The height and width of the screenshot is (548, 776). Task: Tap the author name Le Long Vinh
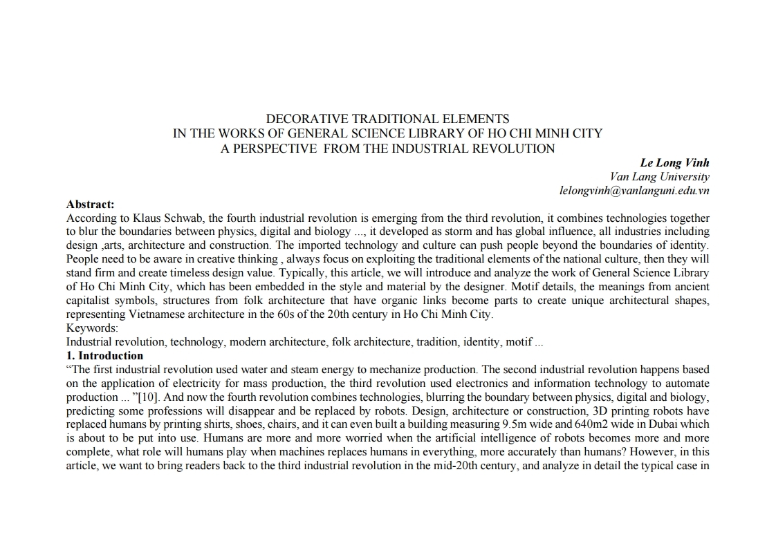674,162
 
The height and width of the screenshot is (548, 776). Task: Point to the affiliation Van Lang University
660,176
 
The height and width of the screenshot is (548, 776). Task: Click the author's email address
634,190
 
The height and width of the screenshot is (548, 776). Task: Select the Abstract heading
90,204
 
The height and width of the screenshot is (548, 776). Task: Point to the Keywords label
92,328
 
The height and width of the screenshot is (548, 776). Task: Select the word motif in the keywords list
519,341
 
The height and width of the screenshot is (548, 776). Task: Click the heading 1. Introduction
104,355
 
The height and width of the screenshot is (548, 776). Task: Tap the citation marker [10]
147,397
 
